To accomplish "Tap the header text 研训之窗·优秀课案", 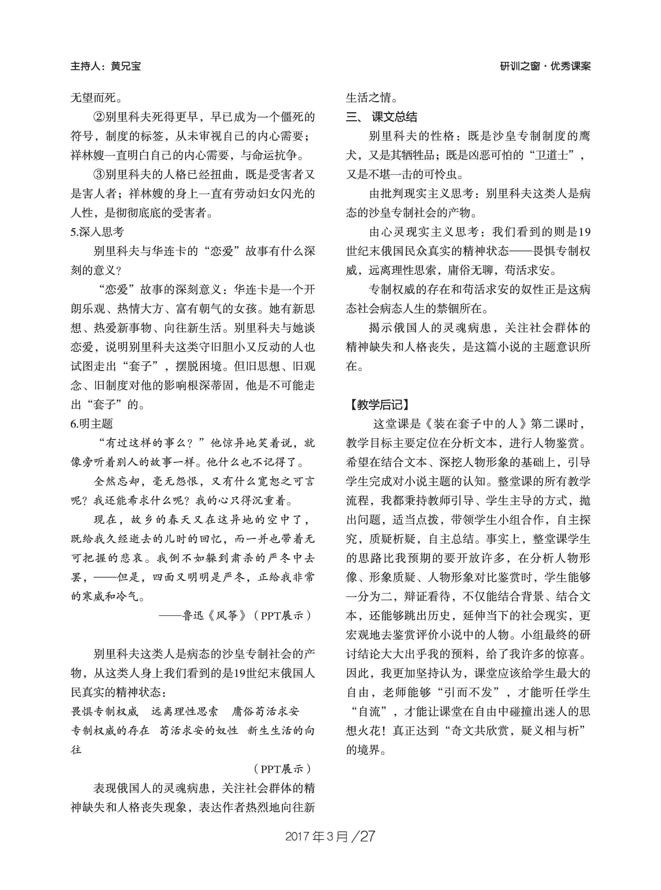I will pos(545,66).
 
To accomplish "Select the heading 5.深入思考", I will pos(97,232).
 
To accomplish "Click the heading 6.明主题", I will pos(92,424).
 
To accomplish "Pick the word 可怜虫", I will pos(440,174).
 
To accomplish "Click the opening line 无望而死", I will pos(93,97).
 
